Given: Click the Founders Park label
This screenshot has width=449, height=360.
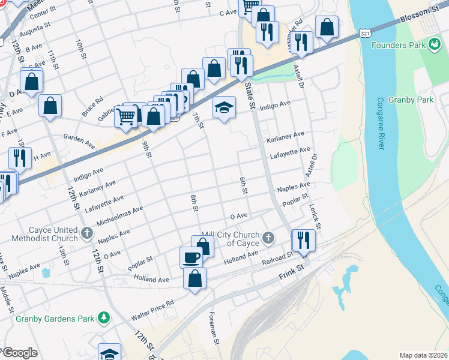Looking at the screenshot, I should coord(397,46).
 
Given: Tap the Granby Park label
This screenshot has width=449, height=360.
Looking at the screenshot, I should coord(411,100).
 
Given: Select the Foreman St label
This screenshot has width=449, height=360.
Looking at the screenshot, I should coord(213,328).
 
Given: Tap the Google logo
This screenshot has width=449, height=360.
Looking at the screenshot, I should coord(20,352).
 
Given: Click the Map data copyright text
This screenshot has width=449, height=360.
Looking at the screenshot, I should coord(423,355).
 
